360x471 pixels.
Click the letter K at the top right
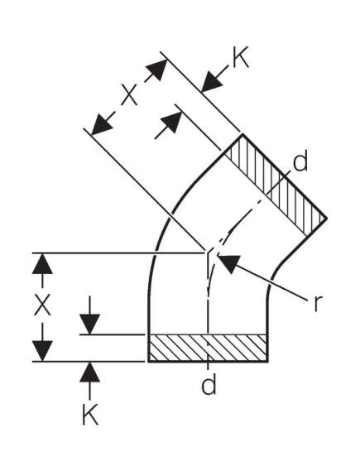241,57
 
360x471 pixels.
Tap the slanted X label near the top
129,94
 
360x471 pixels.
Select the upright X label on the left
42,305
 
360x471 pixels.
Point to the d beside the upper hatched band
300,161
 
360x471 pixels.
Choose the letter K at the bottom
90,414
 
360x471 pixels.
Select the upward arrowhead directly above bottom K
89,372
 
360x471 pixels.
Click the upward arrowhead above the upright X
42,263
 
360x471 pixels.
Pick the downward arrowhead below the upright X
42,351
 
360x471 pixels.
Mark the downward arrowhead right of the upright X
89,324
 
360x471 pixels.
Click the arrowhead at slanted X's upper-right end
157,70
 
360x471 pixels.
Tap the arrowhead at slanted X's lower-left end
101,125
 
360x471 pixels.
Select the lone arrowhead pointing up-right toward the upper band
172,122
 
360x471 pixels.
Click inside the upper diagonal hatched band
276,185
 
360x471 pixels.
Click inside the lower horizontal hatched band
208,348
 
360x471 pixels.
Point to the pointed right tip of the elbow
326,217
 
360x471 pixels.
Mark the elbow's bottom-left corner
149,362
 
